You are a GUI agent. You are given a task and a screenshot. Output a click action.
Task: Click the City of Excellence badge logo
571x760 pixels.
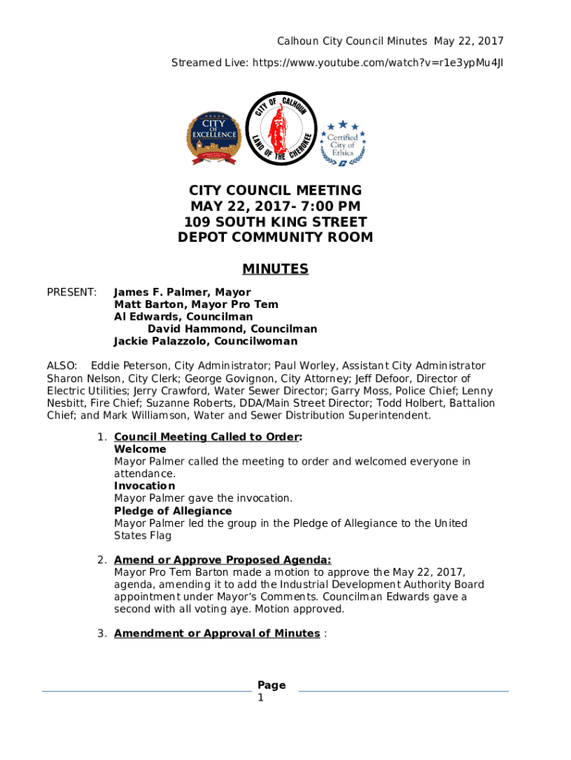pos(214,138)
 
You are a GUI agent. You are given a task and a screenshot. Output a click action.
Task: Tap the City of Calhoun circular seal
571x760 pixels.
pos(281,128)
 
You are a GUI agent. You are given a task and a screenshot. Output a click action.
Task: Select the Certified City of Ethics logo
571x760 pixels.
pos(343,142)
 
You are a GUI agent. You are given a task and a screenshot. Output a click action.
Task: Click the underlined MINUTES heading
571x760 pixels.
pos(275,269)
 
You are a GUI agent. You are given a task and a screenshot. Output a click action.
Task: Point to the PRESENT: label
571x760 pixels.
pos(72,292)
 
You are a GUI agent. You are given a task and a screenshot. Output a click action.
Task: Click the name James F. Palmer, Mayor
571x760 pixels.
pos(182,292)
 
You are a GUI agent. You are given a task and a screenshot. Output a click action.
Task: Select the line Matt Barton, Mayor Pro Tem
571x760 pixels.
pos(196,304)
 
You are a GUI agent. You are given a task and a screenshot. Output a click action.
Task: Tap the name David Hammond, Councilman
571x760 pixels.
pos(232,329)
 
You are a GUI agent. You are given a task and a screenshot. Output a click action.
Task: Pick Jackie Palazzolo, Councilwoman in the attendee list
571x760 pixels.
pos(205,341)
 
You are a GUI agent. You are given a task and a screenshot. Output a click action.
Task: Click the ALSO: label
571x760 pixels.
pos(62,366)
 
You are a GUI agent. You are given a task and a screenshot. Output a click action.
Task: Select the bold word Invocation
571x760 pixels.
pos(145,486)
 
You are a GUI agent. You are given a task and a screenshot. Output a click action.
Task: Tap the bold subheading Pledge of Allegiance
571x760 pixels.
pos(173,511)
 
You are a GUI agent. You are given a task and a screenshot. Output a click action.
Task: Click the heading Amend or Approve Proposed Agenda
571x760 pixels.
pos(222,560)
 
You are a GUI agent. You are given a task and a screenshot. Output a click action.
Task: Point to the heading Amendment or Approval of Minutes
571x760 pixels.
pos(217,633)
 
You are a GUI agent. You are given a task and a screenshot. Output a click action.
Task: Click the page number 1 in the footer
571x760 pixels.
pos(260,698)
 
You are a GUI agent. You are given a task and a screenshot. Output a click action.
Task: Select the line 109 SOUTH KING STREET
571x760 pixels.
pos(275,222)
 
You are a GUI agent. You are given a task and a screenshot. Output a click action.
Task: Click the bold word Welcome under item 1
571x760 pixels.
pos(140,450)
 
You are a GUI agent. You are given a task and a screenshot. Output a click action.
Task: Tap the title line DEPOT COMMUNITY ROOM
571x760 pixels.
pos(275,237)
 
